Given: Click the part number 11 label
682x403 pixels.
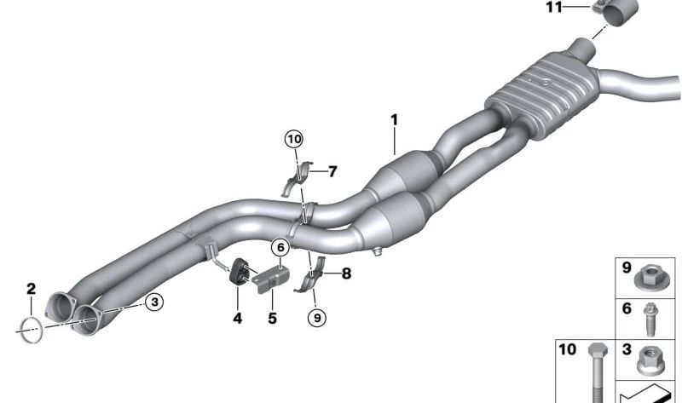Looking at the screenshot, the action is tap(554, 8).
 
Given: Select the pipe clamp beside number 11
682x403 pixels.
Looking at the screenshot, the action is tap(615, 12).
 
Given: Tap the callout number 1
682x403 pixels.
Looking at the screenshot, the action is tap(394, 119).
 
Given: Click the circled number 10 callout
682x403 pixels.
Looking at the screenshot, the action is tap(294, 140).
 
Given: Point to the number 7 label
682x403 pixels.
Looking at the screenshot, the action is tap(332, 172).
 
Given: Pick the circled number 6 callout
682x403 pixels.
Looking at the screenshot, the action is tap(280, 248).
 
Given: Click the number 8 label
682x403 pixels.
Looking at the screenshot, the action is tap(346, 273).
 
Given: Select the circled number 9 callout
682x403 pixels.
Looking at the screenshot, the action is tap(317, 319).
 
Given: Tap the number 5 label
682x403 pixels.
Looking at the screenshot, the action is tap(272, 319).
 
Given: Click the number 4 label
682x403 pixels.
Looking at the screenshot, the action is tap(238, 319).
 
